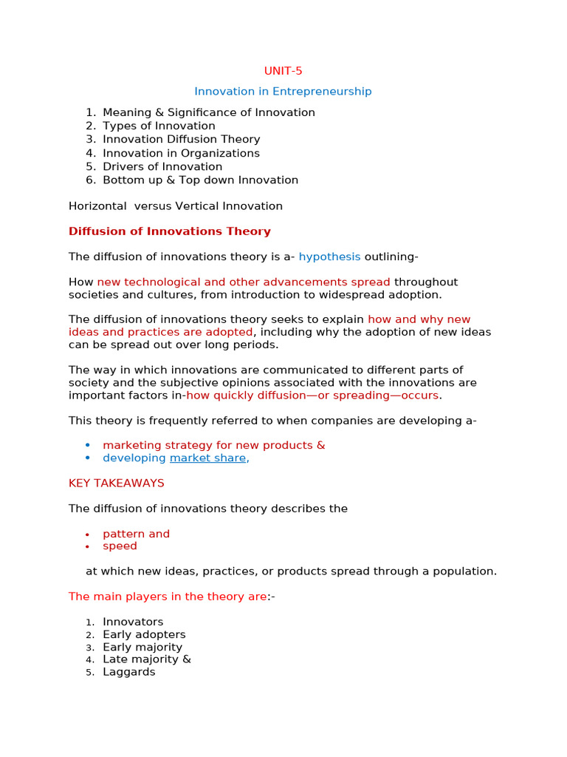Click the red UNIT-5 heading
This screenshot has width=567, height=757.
point(283,71)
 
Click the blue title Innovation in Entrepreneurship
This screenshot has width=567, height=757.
point(283,92)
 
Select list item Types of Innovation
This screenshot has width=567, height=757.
point(159,126)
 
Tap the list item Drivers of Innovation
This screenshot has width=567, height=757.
point(162,166)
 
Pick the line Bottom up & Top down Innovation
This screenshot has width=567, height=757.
point(200,180)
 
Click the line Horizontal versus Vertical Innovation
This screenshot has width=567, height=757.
point(175,206)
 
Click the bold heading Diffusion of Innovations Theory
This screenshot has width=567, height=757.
point(169,231)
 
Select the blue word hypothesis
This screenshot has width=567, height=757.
point(330,257)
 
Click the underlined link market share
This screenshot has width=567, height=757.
point(207,458)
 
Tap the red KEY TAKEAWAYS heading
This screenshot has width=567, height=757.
point(116,483)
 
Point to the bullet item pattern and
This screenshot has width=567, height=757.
point(136,534)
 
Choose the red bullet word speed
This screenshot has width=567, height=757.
point(120,546)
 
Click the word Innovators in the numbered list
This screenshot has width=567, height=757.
point(133,622)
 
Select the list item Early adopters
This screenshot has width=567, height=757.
point(144,634)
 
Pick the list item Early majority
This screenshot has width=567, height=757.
point(142,647)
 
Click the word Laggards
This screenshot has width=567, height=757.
point(129,672)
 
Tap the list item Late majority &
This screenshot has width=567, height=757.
point(146,659)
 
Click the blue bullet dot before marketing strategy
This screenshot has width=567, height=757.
point(87,445)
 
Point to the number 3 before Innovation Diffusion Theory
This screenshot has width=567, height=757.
point(90,139)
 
